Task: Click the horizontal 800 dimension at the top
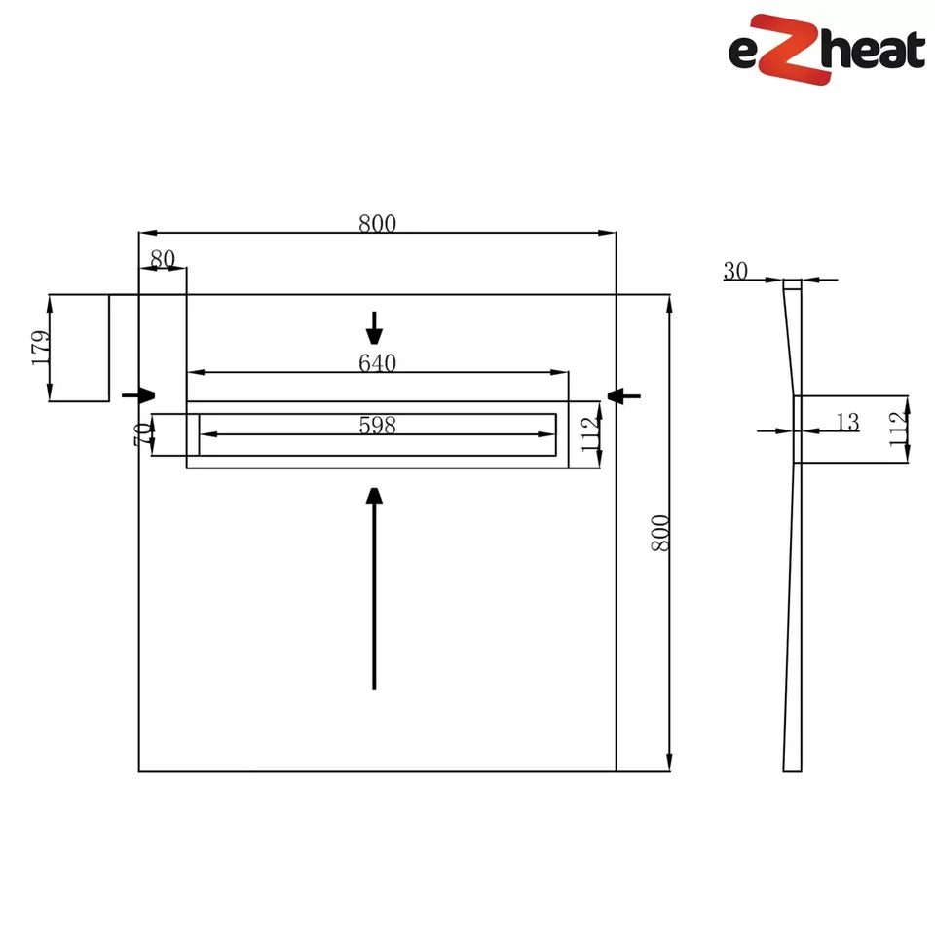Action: [378, 223]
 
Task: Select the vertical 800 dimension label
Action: [660, 533]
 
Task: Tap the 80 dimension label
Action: [163, 259]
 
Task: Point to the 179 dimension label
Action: [40, 348]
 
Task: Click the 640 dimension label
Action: [378, 363]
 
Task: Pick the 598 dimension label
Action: [378, 426]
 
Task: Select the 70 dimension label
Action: [143, 434]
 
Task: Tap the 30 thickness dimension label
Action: [735, 271]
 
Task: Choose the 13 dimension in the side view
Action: [847, 422]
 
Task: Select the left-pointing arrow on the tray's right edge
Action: [622, 394]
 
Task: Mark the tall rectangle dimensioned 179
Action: [79, 348]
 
